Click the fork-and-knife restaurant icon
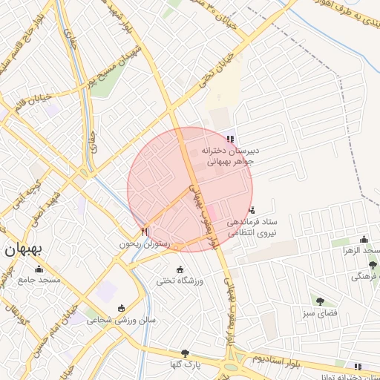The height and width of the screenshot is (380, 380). coord(144,232)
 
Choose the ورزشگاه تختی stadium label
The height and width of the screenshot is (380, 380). coord(179,281)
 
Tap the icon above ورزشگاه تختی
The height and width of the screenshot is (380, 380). coord(179,269)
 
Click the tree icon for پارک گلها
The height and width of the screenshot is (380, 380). coord(185,353)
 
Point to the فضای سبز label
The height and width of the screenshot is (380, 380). coord(320,313)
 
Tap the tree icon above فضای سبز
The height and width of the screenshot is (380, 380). coord(320,301)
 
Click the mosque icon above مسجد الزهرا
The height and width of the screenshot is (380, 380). coord(364,239)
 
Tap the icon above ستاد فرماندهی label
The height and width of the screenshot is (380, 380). coord(252,210)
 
